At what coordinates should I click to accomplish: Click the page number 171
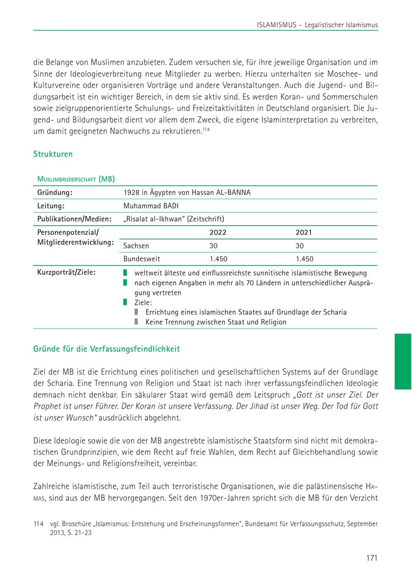(371, 557)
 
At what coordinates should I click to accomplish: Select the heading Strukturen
(53, 154)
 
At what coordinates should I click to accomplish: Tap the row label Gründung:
(55, 192)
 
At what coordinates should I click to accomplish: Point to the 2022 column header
(218, 233)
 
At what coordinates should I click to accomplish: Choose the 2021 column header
(304, 233)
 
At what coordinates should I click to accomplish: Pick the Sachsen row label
(136, 246)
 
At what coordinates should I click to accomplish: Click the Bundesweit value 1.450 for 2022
(218, 259)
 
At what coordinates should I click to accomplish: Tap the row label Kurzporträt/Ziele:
(66, 273)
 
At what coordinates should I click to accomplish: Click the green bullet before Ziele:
(125, 302)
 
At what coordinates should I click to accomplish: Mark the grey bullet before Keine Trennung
(136, 322)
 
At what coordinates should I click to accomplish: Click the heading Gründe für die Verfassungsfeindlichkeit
(107, 349)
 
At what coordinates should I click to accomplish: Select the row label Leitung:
(50, 205)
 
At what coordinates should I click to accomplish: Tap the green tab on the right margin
(403, 362)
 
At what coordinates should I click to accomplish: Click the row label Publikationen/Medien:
(74, 219)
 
